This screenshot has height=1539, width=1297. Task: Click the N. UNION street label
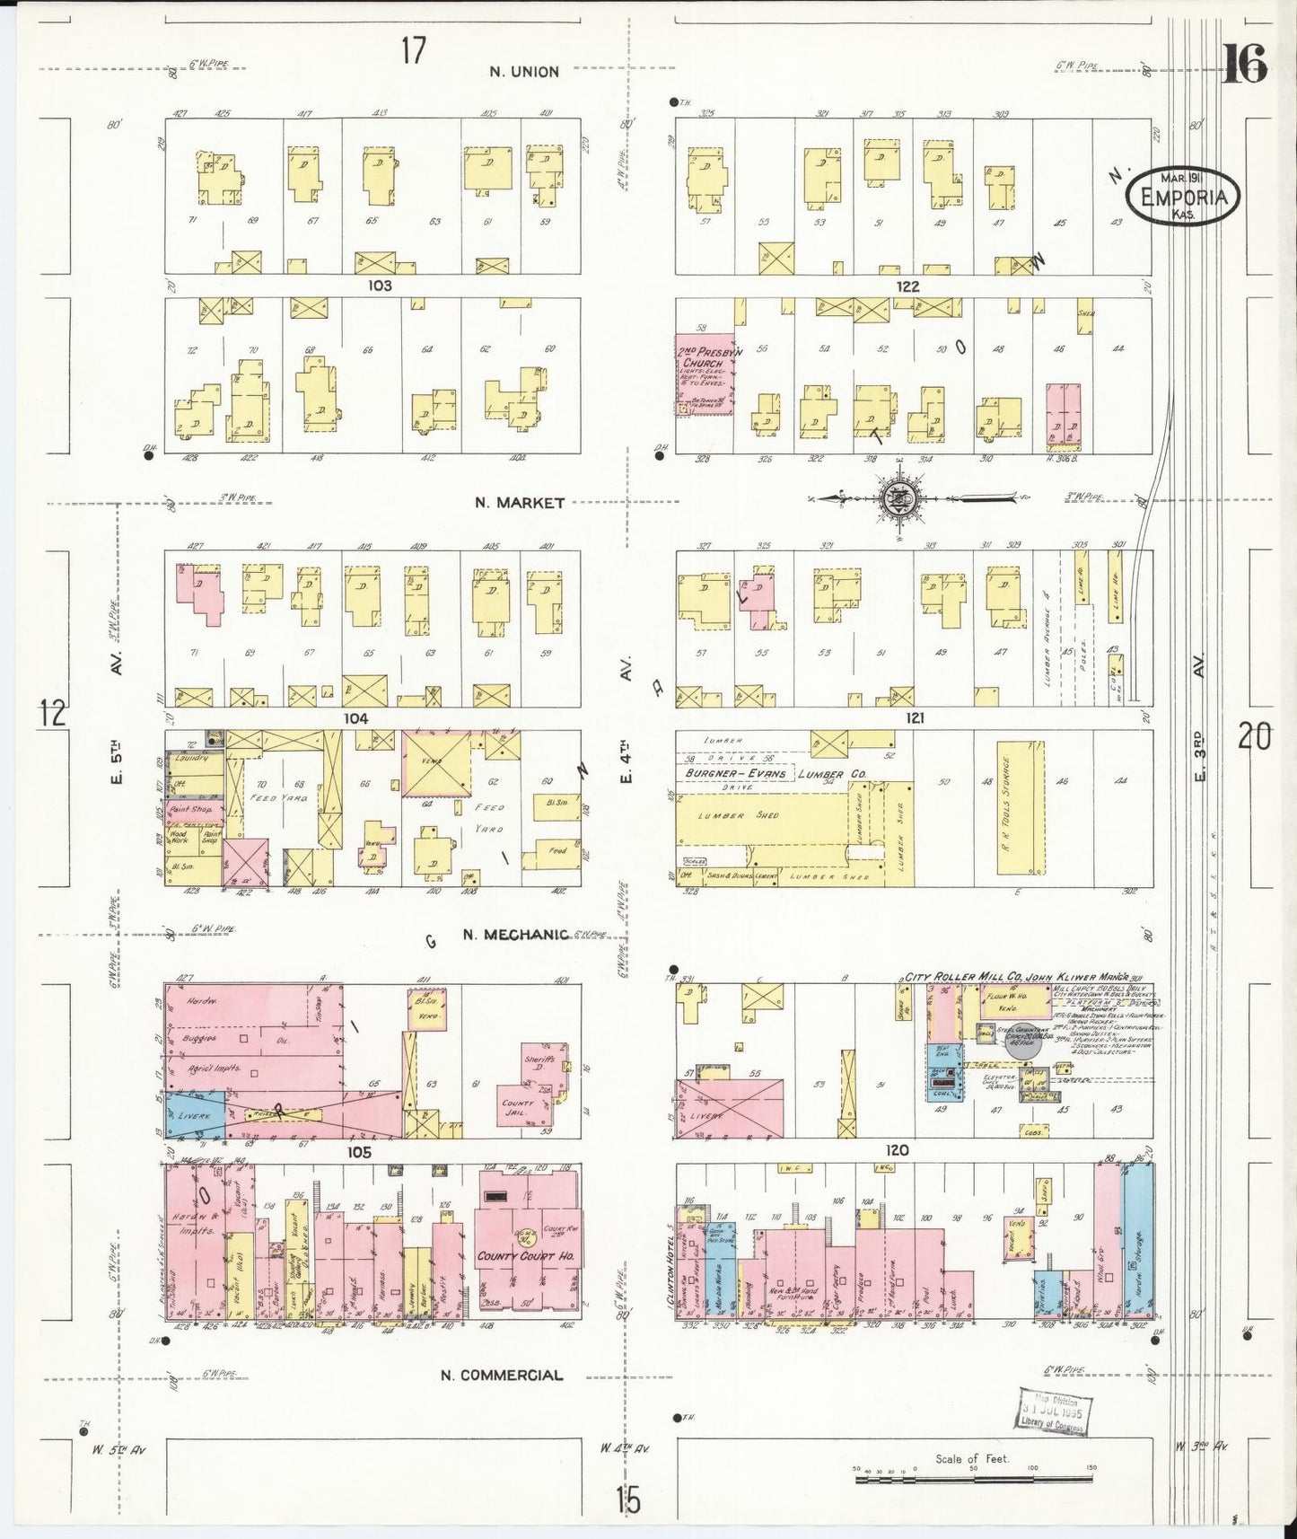(524, 72)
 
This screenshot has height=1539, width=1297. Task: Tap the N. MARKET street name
(520, 503)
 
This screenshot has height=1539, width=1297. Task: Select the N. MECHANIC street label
(515, 935)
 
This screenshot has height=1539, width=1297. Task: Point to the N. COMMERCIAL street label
(502, 1375)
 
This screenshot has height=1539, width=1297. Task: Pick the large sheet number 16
(1245, 66)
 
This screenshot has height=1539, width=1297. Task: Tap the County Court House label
(520, 1256)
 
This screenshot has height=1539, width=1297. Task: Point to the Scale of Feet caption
(972, 1459)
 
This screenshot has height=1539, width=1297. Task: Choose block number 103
(380, 286)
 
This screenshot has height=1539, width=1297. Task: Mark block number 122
(907, 286)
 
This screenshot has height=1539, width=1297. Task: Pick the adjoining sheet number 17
(413, 51)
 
